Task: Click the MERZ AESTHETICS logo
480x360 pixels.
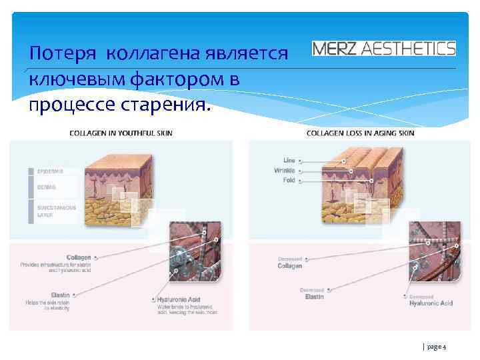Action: pos(384,49)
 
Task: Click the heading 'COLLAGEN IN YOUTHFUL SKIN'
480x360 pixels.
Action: pos(121,133)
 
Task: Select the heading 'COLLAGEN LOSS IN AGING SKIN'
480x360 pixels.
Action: pos(360,133)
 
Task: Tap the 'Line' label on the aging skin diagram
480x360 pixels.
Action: pos(289,161)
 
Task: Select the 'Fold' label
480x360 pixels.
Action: pos(289,180)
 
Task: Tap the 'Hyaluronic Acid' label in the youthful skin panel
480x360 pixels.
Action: pos(180,300)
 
